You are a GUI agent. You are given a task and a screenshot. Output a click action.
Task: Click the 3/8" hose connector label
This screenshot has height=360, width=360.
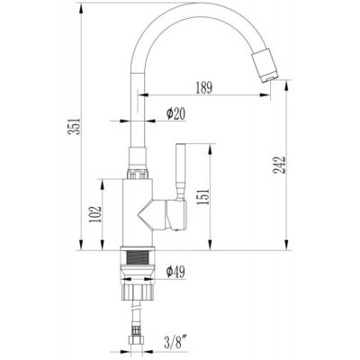pyautogui.click(x=177, y=342)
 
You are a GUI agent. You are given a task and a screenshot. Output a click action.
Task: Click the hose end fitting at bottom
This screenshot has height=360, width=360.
pyautogui.click(x=135, y=340)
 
